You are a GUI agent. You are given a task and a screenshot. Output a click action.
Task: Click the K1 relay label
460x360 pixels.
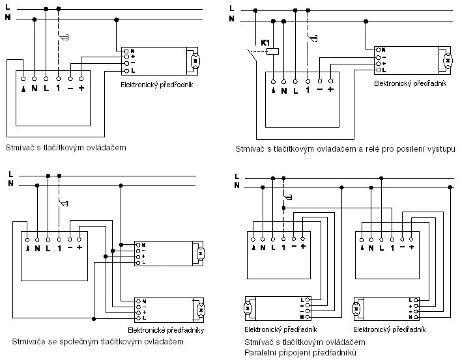tap(265, 42)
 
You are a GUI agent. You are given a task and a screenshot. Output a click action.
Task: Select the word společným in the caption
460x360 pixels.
tap(81, 340)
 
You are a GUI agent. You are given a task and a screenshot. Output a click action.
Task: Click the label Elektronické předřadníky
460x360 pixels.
tap(171, 330)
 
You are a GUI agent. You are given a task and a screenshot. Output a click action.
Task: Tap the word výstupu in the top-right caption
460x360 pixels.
tap(440, 149)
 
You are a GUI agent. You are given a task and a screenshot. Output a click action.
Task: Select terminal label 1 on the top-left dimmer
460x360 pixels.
tap(58, 88)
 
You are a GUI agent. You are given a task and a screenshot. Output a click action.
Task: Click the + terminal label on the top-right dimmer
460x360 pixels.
tap(330, 90)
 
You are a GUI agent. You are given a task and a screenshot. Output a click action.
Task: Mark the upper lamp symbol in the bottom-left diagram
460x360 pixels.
tap(201, 253)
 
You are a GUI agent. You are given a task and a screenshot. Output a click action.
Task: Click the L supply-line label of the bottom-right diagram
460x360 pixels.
tap(237, 176)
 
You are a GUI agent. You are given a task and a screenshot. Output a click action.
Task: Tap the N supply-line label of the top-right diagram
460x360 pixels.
tap(231, 19)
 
